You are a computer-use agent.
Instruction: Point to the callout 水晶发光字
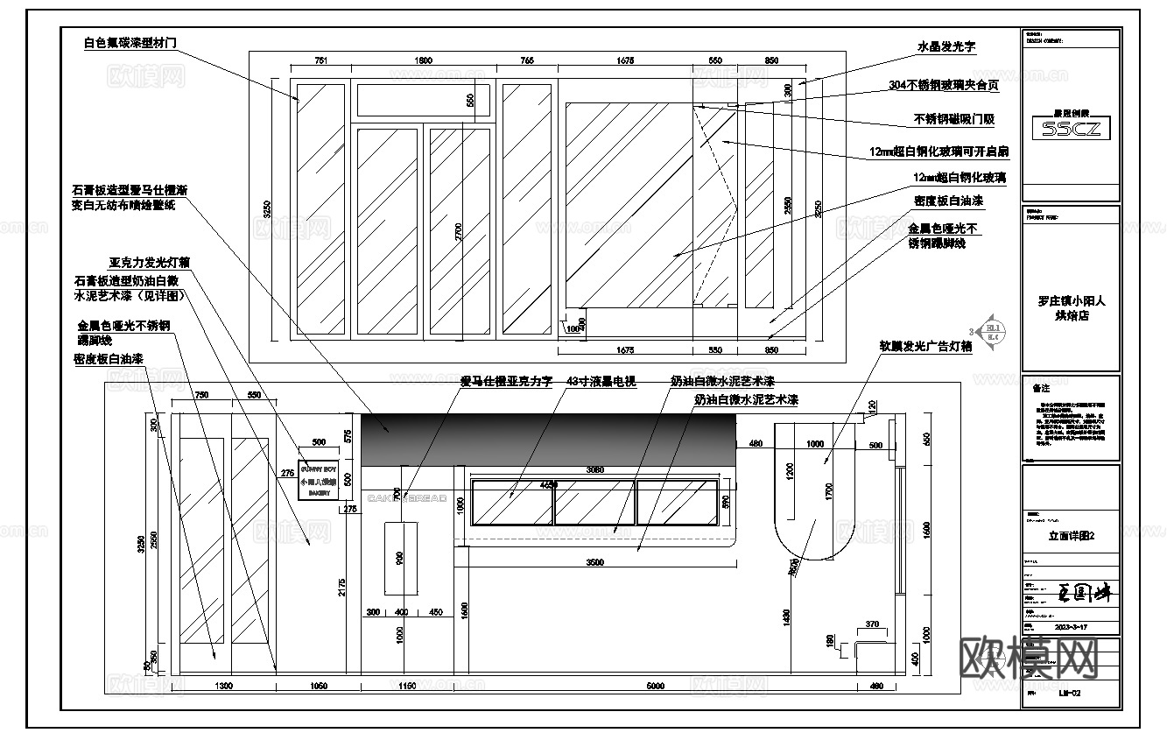(x=946, y=47)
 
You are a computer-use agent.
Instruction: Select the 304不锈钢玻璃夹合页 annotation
(x=943, y=85)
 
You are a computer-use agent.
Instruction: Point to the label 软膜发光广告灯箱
(x=925, y=346)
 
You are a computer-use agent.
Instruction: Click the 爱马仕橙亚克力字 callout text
(x=507, y=381)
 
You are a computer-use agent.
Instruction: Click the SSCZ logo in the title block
(x=1071, y=129)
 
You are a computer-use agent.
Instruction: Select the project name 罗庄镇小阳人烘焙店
(x=1071, y=307)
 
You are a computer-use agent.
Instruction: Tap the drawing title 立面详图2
(x=1072, y=536)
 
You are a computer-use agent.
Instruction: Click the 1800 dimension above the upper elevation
(x=424, y=61)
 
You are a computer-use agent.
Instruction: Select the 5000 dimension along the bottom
(x=654, y=687)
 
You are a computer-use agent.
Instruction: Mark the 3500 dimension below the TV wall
(x=594, y=563)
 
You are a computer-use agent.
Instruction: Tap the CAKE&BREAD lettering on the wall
(x=407, y=498)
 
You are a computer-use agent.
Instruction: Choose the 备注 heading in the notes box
(x=1041, y=388)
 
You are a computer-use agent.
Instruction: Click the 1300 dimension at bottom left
(x=223, y=687)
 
